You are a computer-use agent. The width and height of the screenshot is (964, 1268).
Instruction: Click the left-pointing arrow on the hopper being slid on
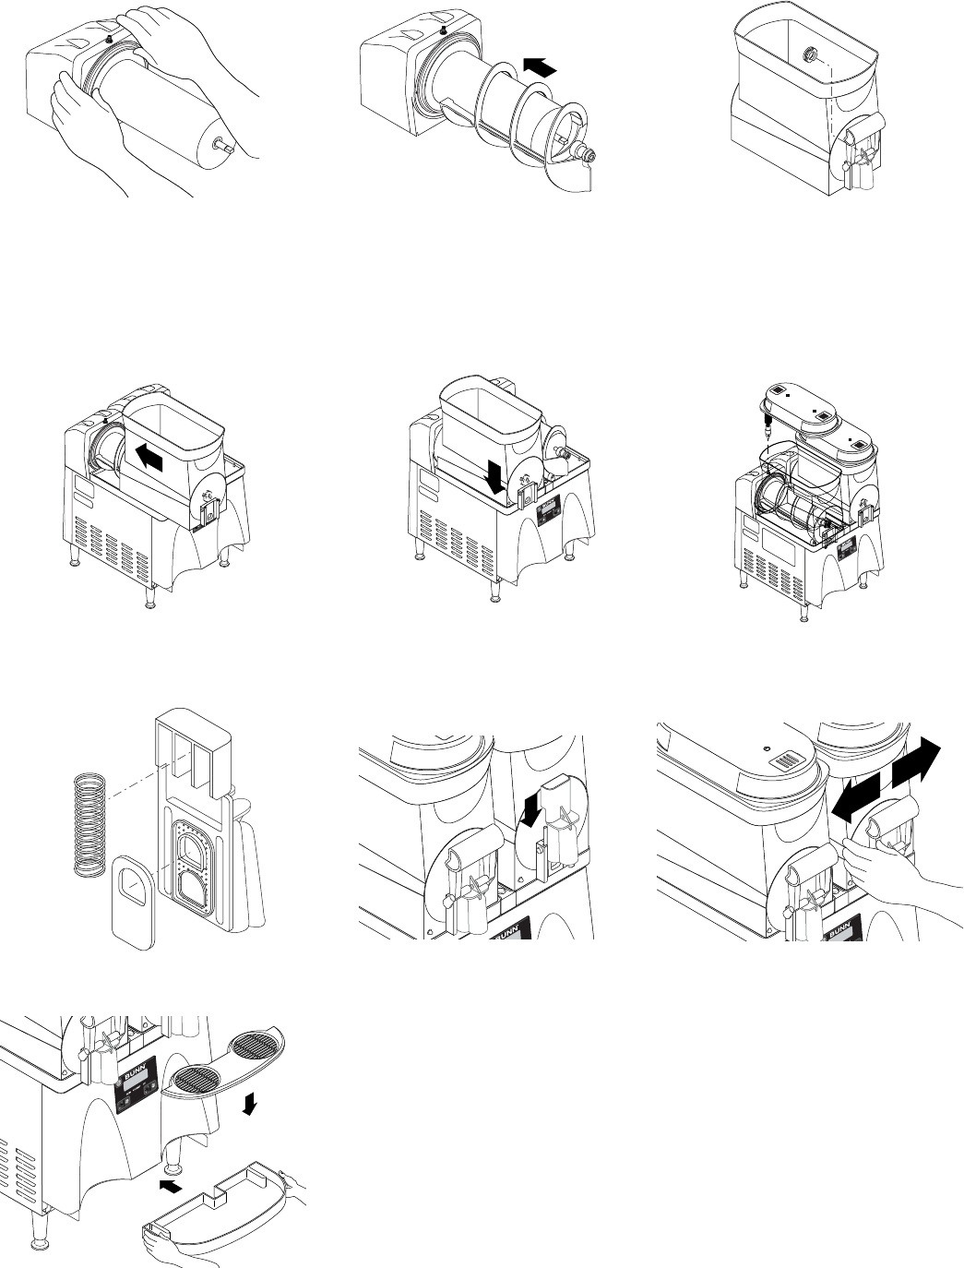tap(153, 454)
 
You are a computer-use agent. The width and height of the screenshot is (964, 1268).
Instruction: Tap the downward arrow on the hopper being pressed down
tap(495, 476)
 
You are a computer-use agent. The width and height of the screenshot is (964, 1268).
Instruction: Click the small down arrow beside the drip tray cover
tap(247, 1105)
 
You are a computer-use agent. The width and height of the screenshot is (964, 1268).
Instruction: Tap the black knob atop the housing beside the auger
tap(445, 30)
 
